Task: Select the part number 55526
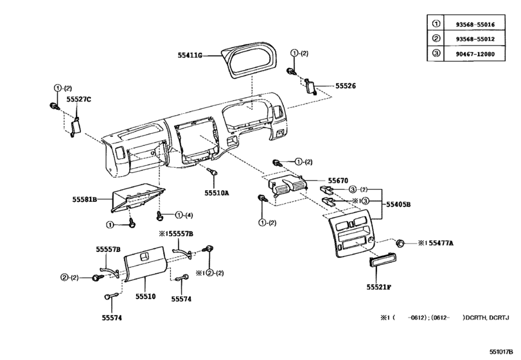coord(345,85)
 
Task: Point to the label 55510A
coord(217,192)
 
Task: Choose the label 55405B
coord(398,203)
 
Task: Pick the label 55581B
coord(84,200)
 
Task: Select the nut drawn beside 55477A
coord(401,243)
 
